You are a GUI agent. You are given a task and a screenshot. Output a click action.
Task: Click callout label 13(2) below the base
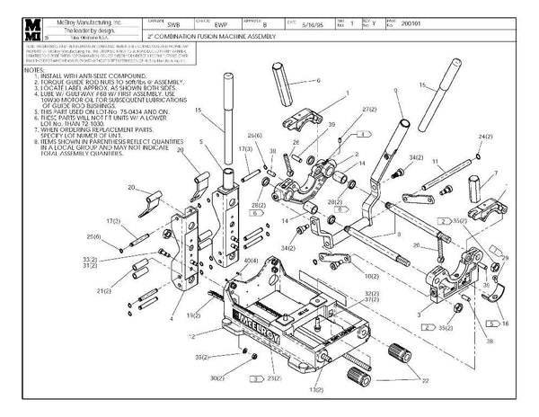pos(316,391)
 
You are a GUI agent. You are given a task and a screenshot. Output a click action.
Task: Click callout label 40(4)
pos(251,261)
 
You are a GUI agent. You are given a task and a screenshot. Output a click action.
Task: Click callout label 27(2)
pos(367,109)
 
